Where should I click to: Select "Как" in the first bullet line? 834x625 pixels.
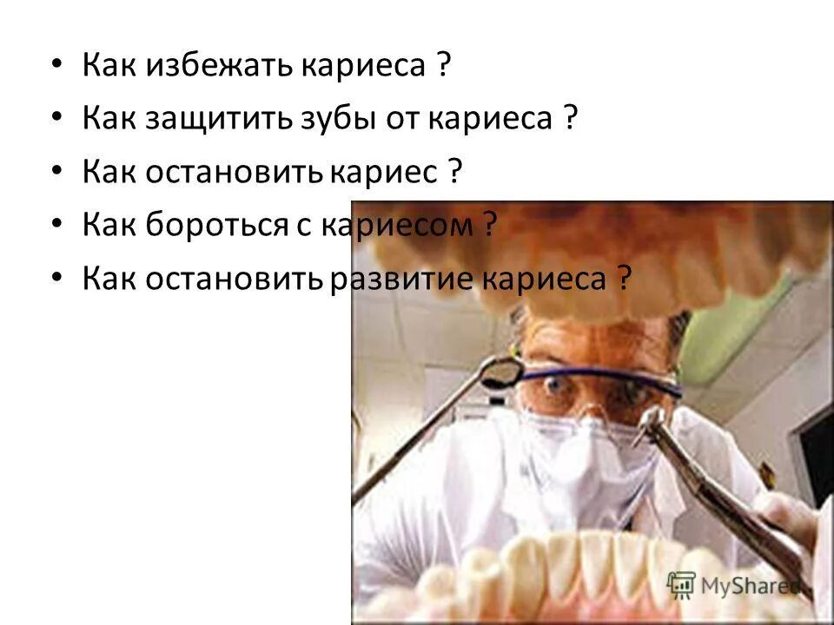tap(110, 65)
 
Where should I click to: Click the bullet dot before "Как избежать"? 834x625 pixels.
tap(56, 66)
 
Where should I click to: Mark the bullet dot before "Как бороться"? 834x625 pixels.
tap(56, 226)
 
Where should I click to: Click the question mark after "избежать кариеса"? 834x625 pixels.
tap(444, 65)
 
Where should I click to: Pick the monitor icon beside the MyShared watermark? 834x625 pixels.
tap(681, 583)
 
